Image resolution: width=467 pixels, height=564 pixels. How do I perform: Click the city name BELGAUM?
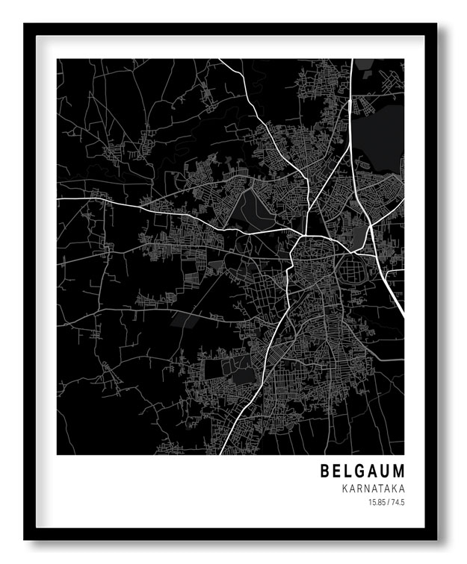(x=362, y=471)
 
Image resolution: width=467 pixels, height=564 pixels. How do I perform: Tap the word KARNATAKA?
(x=373, y=489)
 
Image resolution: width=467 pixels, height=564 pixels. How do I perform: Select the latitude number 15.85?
(x=376, y=503)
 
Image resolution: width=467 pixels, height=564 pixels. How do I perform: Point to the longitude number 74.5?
(x=398, y=503)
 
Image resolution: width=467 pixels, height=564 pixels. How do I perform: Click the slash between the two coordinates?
(x=388, y=503)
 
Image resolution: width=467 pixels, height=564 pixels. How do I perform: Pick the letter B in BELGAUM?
(x=325, y=471)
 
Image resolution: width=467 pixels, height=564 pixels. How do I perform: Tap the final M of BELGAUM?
(x=398, y=471)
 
